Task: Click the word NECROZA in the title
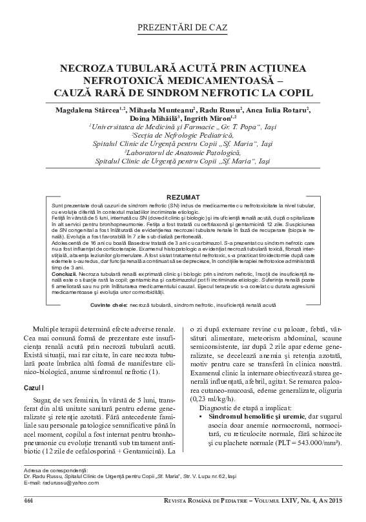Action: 87,67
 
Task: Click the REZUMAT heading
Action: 183,195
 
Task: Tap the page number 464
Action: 28,501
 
